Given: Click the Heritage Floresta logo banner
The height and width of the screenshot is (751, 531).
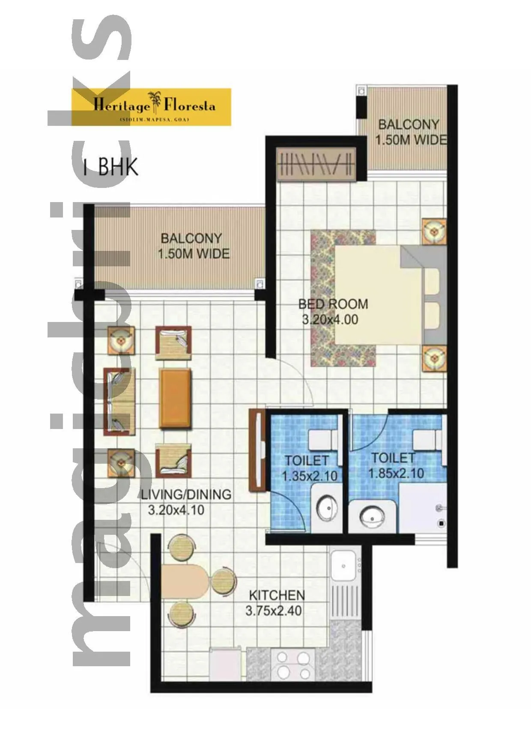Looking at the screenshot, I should [x=151, y=107].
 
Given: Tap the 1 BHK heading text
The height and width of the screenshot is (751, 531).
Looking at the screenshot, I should [x=111, y=167].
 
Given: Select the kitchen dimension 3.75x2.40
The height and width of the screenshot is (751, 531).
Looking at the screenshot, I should [x=273, y=611].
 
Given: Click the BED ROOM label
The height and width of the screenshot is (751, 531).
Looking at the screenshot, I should [x=333, y=304].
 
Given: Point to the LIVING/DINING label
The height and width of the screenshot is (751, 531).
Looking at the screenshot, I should [x=186, y=495].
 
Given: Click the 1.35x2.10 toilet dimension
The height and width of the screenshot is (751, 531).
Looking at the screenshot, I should [x=309, y=476].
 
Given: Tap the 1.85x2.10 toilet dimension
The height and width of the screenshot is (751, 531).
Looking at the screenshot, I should [x=396, y=474].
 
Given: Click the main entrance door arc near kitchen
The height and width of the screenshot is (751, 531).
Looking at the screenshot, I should [x=124, y=557].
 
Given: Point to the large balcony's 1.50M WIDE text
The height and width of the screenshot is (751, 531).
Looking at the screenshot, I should [x=193, y=254].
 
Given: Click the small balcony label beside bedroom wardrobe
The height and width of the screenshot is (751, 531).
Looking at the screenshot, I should [x=409, y=132].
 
